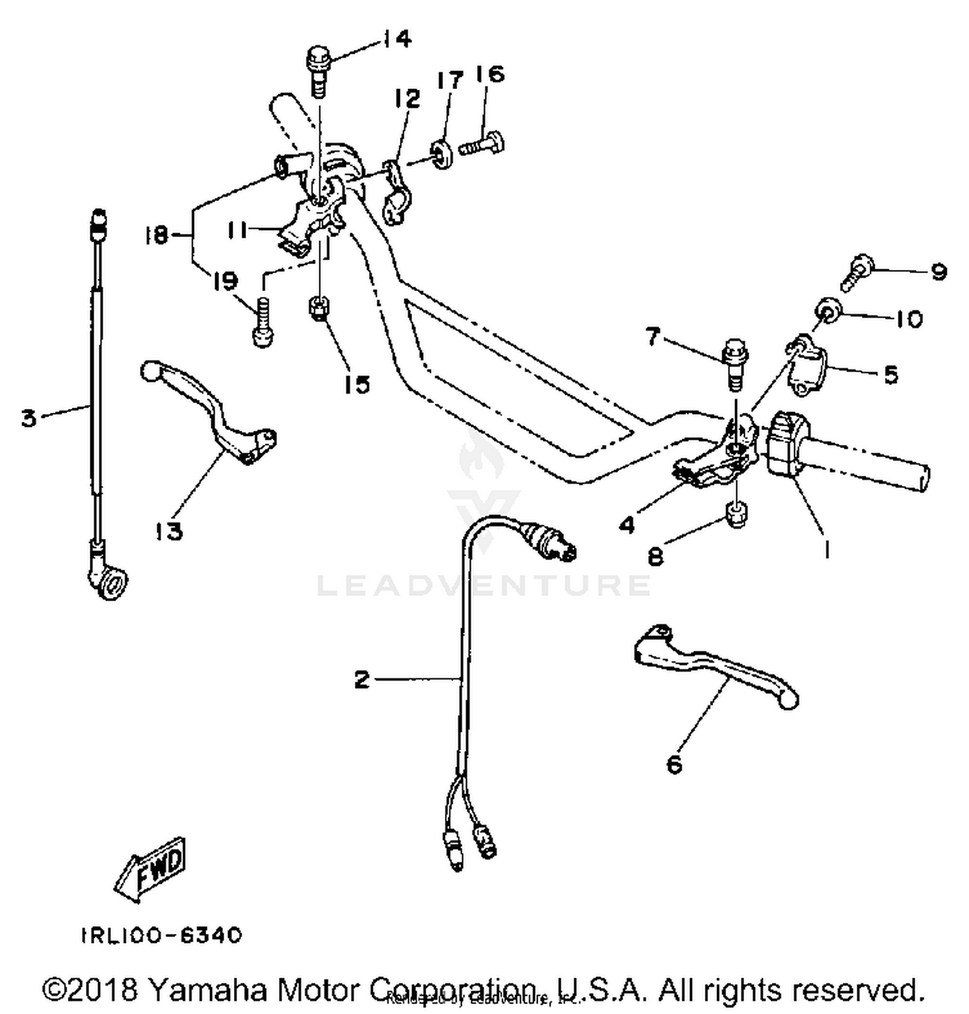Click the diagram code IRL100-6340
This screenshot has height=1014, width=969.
(x=161, y=935)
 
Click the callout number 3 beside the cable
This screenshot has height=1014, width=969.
(x=29, y=418)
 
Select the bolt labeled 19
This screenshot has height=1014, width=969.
(x=261, y=322)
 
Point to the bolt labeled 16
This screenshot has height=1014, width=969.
(x=483, y=143)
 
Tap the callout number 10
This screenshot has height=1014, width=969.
(x=910, y=318)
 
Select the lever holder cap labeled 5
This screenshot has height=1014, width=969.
(x=804, y=365)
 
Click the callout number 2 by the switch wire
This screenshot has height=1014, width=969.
(x=362, y=679)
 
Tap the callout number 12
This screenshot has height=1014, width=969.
(x=407, y=99)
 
